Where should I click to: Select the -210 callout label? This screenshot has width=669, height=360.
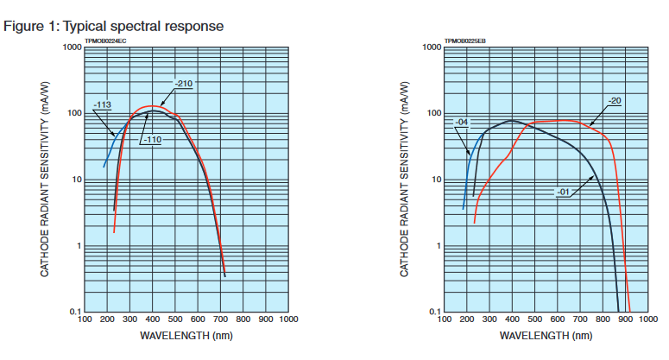(183, 84)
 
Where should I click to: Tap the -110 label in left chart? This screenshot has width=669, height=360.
(153, 140)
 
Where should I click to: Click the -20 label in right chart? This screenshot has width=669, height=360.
(614, 100)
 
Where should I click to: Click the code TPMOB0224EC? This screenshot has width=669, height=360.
(106, 41)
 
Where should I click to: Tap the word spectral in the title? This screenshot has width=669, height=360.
(139, 26)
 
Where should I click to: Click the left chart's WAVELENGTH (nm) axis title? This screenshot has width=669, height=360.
(186, 335)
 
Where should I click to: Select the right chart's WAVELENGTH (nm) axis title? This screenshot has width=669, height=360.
(546, 335)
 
